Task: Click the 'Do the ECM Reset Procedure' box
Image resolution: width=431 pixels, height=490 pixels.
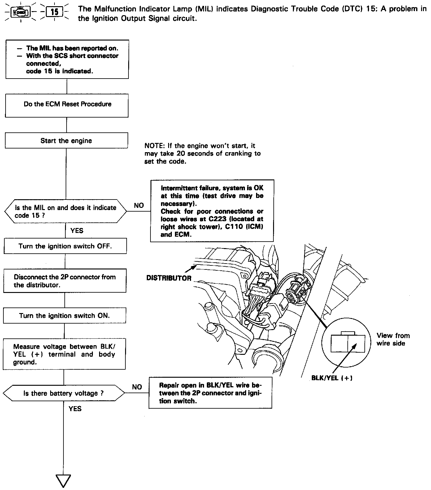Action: (67, 104)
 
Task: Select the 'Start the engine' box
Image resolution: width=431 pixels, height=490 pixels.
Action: (66, 141)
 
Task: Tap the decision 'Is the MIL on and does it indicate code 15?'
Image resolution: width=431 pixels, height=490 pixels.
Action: (66, 211)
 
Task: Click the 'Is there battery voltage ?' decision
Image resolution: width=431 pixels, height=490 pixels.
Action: (64, 393)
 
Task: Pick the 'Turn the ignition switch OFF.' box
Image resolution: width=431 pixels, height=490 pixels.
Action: (65, 246)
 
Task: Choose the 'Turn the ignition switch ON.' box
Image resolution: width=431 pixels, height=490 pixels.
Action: (64, 316)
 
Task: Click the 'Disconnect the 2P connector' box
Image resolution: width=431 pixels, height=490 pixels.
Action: (65, 281)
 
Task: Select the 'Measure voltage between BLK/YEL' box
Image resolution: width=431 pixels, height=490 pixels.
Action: (64, 354)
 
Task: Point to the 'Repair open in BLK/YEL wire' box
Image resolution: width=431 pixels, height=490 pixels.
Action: (210, 393)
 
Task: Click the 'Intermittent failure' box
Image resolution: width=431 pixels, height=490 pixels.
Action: (212, 211)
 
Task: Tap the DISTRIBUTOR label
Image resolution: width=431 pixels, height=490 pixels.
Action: (169, 278)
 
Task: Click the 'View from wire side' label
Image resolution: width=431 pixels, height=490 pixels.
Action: (393, 339)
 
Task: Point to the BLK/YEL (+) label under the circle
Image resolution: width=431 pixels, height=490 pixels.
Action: (332, 378)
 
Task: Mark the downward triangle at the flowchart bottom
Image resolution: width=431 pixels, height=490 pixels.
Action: (63, 480)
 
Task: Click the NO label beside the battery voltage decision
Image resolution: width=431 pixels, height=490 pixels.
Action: (137, 387)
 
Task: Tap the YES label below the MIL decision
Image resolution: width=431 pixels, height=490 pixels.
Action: (77, 230)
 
